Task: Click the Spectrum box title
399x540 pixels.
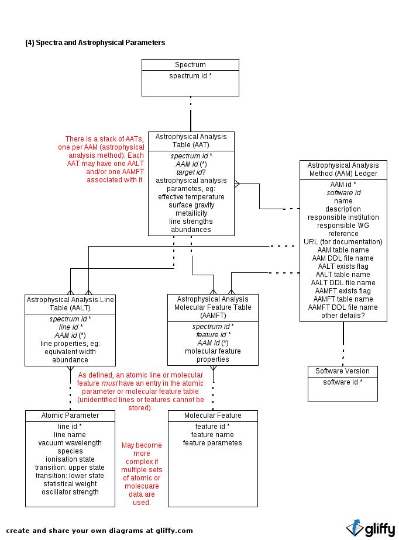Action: (190, 65)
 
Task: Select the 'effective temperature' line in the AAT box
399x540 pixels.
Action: (191, 197)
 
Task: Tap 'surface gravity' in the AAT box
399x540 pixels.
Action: (191, 205)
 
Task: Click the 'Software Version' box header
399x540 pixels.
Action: (342, 371)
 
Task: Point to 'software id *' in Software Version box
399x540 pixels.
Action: (342, 382)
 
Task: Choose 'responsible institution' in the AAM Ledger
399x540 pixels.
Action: (343, 217)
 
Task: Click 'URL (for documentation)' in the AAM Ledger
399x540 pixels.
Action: (343, 242)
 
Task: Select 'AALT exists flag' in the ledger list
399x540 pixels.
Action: (343, 266)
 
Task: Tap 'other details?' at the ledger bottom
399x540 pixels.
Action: (343, 316)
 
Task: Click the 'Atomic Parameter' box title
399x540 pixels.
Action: (70, 416)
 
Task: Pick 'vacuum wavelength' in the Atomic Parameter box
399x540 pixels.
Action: (70, 443)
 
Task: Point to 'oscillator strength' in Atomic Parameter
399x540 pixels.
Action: (70, 492)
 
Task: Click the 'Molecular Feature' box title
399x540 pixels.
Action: (213, 416)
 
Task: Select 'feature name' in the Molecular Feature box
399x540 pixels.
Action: (212, 435)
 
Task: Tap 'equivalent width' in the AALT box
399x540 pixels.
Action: (70, 352)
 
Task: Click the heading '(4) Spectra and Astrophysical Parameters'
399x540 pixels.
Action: (95, 43)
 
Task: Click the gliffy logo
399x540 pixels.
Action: (371, 529)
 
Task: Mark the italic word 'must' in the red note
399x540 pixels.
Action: (109, 383)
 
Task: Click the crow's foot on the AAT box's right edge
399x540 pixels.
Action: (238, 184)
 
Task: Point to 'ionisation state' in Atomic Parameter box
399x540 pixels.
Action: (70, 459)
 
